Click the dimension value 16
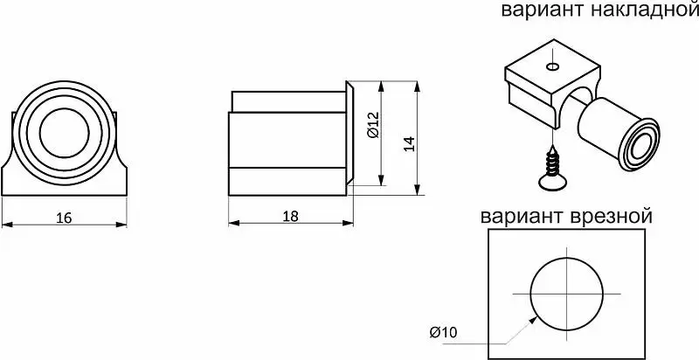click(65, 218)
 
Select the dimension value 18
click(291, 216)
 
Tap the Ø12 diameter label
click(374, 125)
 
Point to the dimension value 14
click(410, 144)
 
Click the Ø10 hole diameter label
click(443, 332)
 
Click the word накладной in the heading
click(644, 10)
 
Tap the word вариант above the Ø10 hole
click(522, 217)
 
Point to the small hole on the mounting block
click(553, 66)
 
